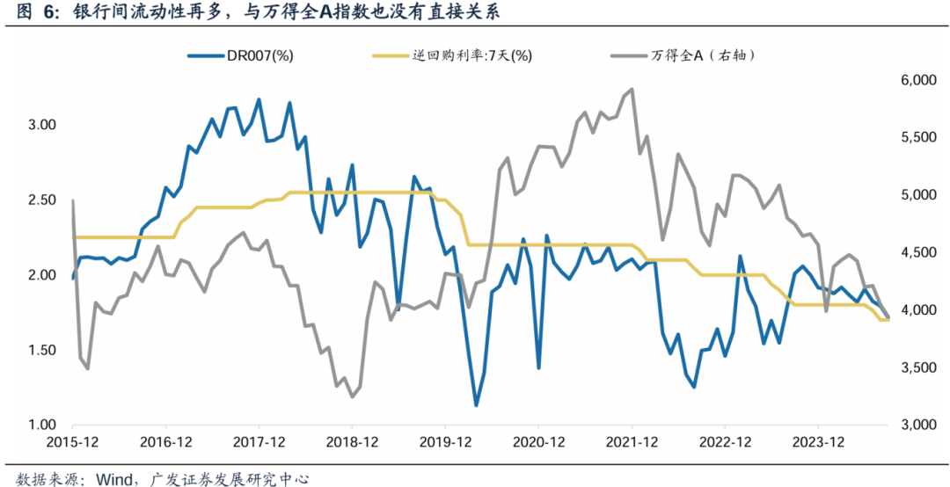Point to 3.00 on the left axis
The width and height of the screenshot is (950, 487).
[x=40, y=125]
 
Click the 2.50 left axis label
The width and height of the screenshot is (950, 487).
[x=40, y=200]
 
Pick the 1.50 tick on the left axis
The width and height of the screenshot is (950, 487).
[x=40, y=351]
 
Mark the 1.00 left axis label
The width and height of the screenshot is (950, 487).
[x=40, y=425]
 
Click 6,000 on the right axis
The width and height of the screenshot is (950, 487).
[x=908, y=81]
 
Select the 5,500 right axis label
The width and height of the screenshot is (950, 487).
[x=908, y=138]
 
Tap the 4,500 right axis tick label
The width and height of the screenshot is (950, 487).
[x=908, y=253]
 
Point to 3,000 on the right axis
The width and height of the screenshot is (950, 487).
[x=908, y=425]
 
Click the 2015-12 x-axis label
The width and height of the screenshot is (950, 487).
[x=73, y=441]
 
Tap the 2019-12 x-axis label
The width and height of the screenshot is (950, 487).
[x=446, y=441]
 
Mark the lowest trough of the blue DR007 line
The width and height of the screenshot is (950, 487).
[x=476, y=405]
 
